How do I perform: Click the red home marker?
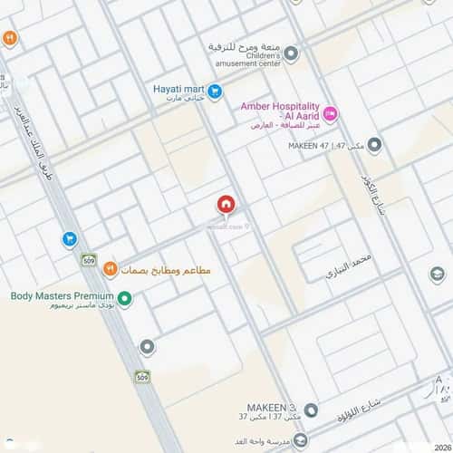pos(226,206)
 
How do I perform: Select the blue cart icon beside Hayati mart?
pos(215,91)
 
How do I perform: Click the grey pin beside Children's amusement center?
pos(291,53)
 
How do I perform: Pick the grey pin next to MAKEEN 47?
pos(374,144)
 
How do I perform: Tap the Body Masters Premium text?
pos(62,295)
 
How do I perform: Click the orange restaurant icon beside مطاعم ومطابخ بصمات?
pos(110,268)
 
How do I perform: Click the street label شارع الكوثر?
pos(377,195)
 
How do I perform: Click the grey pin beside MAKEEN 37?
pos(310,410)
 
